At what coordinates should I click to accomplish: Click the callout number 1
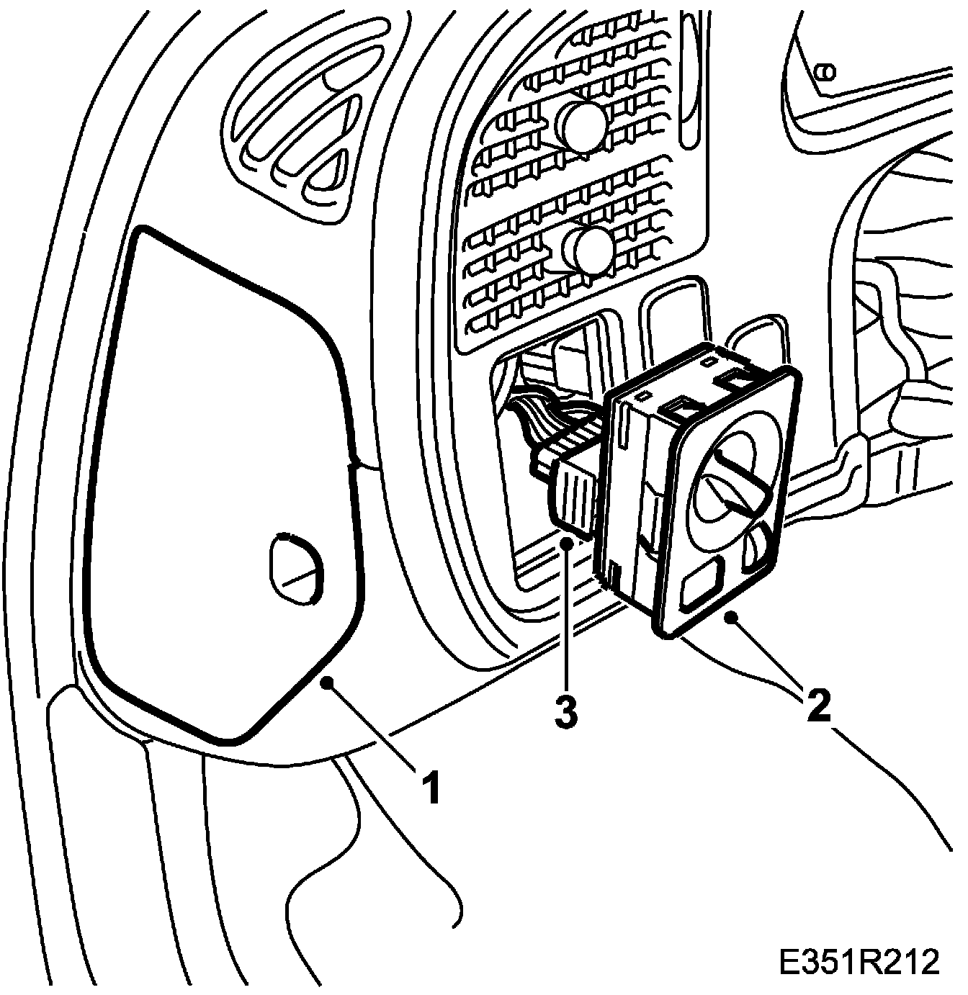click(x=430, y=786)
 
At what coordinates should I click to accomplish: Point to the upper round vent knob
click(x=584, y=125)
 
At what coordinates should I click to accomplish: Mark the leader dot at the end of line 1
click(x=328, y=683)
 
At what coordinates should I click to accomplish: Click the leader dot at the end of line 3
click(x=568, y=544)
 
